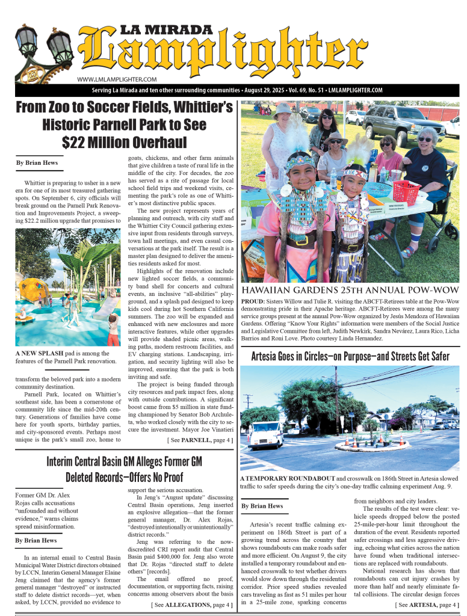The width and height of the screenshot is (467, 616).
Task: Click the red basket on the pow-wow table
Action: tap(406, 191)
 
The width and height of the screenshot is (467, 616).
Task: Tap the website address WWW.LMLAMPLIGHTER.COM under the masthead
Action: tap(117, 79)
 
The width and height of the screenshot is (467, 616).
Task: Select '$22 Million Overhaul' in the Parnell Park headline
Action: tap(124, 142)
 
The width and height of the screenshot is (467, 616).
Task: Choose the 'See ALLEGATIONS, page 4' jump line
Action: tap(192, 604)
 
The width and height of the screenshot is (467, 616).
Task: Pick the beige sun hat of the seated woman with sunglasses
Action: tap(335, 137)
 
